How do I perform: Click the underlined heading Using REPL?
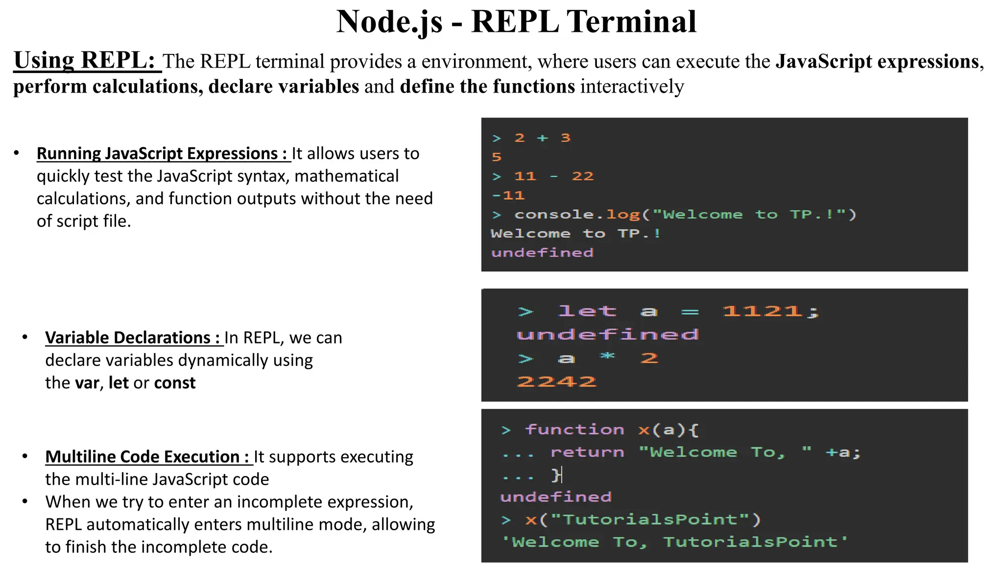[x=84, y=61]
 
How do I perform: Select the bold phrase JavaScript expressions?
[x=877, y=62]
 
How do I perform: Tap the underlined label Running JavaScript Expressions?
[x=162, y=154]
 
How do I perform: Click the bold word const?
[x=175, y=383]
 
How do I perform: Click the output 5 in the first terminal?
[x=497, y=157]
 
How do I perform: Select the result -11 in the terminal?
[x=508, y=195]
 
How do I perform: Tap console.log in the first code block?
[x=577, y=214]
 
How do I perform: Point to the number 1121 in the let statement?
[x=762, y=311]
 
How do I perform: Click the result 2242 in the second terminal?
[x=556, y=381]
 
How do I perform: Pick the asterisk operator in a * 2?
[x=607, y=357]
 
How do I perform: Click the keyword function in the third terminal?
[x=574, y=430]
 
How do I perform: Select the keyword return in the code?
[x=587, y=452]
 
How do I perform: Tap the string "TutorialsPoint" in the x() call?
[x=650, y=519]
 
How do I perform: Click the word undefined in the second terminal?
[x=607, y=335]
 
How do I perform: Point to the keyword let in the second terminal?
[x=587, y=311]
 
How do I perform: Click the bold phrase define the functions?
[x=487, y=87]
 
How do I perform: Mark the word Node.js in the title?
[x=389, y=22]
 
